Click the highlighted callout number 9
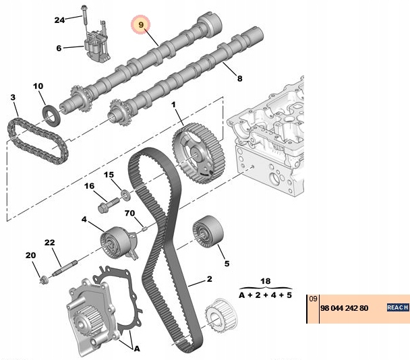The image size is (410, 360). pos(141,25)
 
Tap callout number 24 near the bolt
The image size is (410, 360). pos(60,20)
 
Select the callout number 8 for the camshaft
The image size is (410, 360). pos(238,79)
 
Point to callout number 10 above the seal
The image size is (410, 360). pos(38,86)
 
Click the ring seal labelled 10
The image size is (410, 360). pos(51,113)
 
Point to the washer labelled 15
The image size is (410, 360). pos(124,198)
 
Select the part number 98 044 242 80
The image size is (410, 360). pos(345,307)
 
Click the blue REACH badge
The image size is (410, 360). pos(397,307)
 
